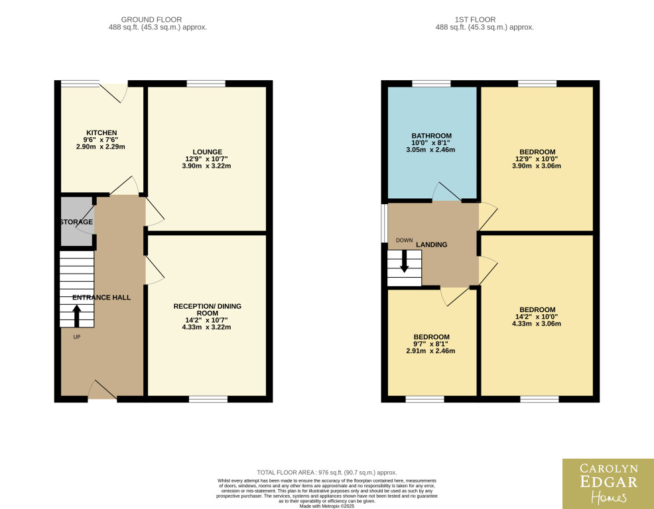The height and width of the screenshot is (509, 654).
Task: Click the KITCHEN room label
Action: (x=101, y=133)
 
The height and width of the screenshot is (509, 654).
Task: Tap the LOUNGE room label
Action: (x=208, y=152)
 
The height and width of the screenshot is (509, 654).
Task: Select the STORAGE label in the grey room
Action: (x=76, y=222)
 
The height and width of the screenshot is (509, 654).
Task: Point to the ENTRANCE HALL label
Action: (x=101, y=297)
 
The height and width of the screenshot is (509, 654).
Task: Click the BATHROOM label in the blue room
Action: (x=431, y=136)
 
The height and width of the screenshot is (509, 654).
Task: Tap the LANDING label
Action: (x=431, y=245)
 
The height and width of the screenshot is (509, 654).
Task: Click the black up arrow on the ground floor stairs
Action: (x=77, y=316)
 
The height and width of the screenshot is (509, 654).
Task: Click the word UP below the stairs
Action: (x=77, y=337)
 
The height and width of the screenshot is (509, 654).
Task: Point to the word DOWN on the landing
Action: (x=404, y=240)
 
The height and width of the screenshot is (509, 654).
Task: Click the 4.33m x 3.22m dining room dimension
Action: (x=206, y=327)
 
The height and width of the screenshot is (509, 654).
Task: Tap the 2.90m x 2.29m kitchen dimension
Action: (x=101, y=146)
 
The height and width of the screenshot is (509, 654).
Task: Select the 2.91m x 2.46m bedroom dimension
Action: (x=430, y=351)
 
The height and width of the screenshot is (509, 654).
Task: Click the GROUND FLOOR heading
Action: (x=151, y=20)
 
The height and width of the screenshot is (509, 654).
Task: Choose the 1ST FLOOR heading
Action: (x=475, y=20)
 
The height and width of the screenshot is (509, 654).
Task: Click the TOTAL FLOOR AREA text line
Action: (x=327, y=473)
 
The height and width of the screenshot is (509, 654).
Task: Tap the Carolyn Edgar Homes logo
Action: (x=608, y=484)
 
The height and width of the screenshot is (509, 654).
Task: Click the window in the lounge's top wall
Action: (x=206, y=84)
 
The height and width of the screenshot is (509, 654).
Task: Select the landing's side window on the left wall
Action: (x=384, y=223)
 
